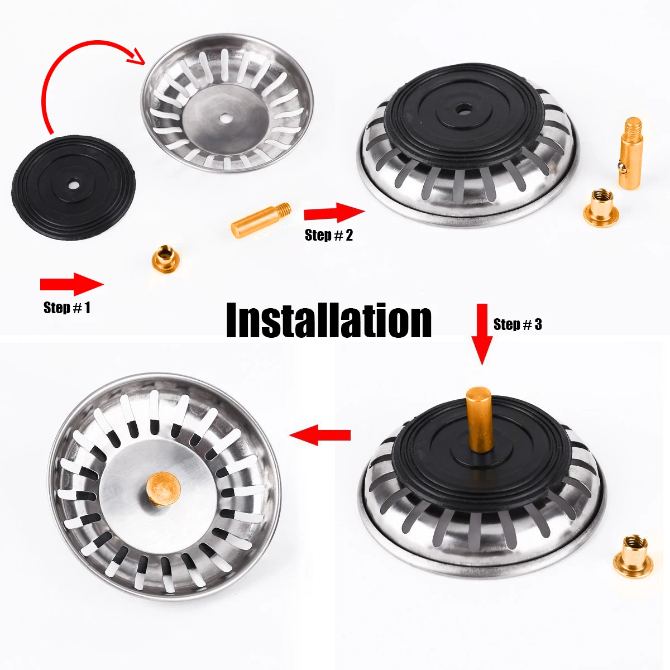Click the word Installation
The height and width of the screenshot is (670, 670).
click(x=329, y=320)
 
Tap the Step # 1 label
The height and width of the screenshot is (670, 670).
click(x=66, y=308)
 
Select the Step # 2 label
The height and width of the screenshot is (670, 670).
click(x=329, y=235)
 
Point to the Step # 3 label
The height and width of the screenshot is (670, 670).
click(x=518, y=324)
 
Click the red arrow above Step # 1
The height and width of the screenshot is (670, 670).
click(x=71, y=284)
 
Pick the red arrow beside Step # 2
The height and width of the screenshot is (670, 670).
click(x=334, y=213)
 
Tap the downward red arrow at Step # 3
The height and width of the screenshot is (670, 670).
click(x=483, y=334)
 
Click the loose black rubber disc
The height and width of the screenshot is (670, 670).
click(x=73, y=186)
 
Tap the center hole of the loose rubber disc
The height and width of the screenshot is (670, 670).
click(x=73, y=184)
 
